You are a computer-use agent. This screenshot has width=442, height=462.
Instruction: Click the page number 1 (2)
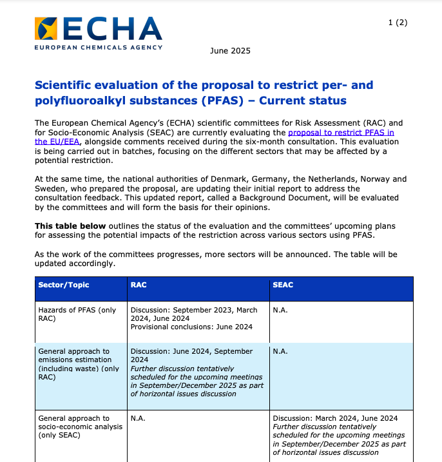click(x=398, y=23)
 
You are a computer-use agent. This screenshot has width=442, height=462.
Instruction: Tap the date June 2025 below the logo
click(x=230, y=51)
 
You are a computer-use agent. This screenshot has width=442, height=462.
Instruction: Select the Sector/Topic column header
click(x=64, y=285)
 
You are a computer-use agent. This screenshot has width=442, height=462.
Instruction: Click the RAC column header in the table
click(x=139, y=285)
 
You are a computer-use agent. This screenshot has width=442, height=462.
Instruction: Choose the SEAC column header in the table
click(x=283, y=285)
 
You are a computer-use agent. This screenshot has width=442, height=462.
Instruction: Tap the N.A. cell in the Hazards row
click(x=280, y=310)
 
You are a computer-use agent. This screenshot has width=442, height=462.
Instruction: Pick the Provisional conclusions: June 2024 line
click(x=191, y=327)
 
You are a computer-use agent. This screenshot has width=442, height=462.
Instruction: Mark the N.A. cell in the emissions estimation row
click(x=280, y=352)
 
